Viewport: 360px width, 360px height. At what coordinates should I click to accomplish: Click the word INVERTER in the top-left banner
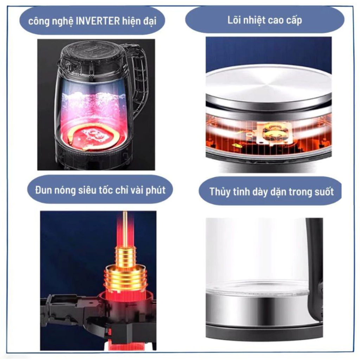[x=98, y=21]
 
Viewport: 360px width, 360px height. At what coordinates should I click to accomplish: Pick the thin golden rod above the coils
[x=125, y=230]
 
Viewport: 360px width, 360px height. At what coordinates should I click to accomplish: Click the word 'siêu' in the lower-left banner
[x=88, y=190]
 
